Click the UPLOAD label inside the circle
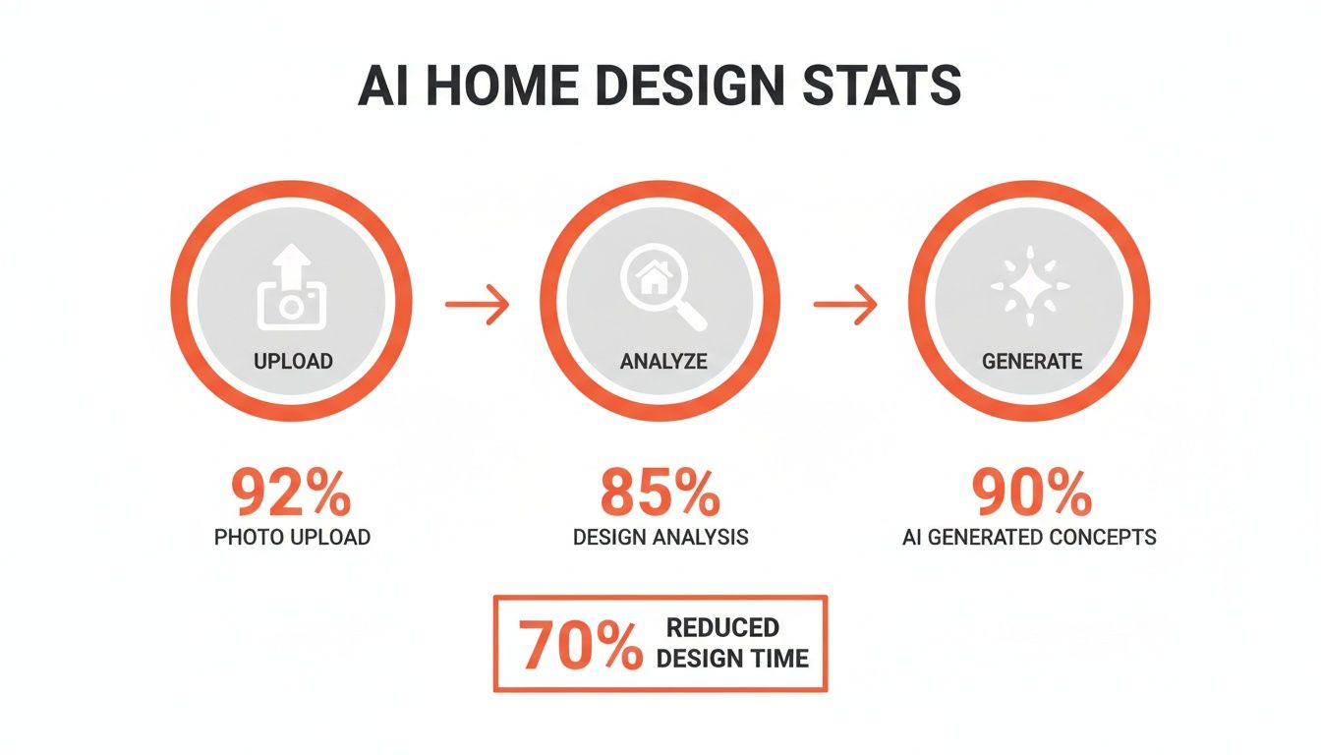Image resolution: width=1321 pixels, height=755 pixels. (x=293, y=361)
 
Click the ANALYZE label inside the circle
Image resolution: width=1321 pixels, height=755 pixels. (x=662, y=361)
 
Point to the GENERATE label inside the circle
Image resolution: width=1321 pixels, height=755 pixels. (x=1031, y=361)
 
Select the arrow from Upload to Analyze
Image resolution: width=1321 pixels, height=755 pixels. (x=478, y=305)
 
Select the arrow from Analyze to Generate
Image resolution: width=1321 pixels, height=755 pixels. (x=845, y=305)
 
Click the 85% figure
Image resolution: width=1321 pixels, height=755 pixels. (x=660, y=494)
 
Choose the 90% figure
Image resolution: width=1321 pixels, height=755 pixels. (x=1031, y=494)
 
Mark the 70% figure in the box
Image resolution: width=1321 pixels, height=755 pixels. (x=579, y=646)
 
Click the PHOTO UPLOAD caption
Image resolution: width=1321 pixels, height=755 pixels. (x=293, y=537)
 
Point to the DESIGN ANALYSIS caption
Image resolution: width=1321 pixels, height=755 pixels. (x=660, y=537)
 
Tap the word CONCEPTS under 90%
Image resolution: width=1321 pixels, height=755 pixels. (x=1102, y=537)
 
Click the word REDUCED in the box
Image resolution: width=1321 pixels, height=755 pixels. (x=722, y=628)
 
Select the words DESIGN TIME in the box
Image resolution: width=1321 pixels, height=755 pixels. (x=732, y=659)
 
